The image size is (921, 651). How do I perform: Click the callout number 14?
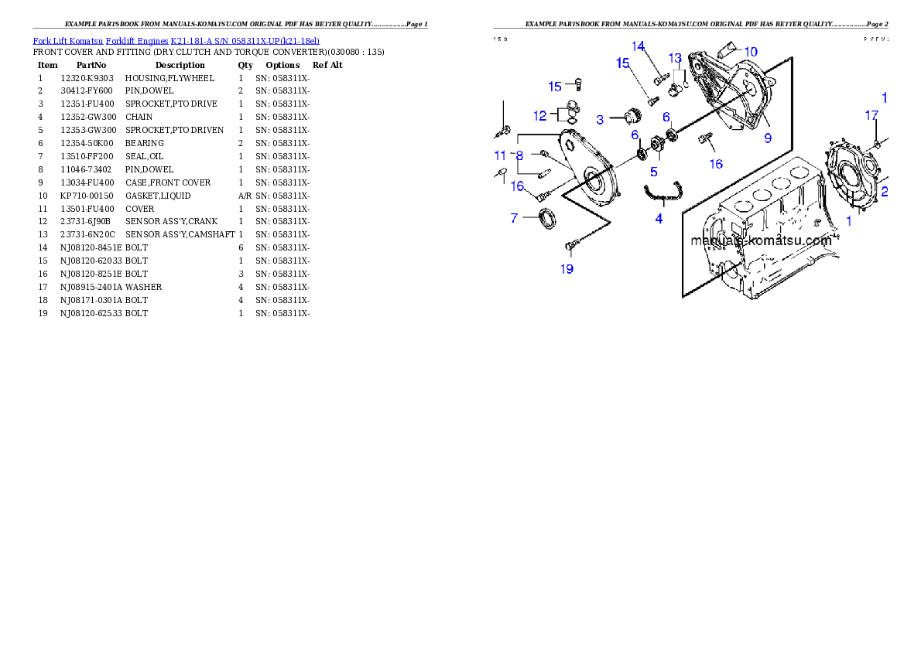coord(638,46)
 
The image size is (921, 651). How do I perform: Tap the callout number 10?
coord(750,52)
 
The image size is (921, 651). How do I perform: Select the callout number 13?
coord(675,58)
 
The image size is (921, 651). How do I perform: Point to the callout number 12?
coord(539,115)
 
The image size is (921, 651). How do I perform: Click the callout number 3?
coord(600,120)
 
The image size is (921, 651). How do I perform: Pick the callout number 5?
coord(653,172)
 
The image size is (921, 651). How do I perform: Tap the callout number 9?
coord(768,138)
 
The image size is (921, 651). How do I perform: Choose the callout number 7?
coord(514,219)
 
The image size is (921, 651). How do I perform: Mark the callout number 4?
coord(659,219)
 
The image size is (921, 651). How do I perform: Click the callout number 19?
coord(567,269)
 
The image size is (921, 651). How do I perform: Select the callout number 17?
coord(871,115)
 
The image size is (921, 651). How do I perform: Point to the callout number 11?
coord(500,155)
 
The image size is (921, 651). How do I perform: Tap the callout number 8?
coord(519,155)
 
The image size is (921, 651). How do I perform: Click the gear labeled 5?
coord(658,145)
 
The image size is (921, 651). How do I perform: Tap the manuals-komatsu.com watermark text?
coord(761,240)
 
